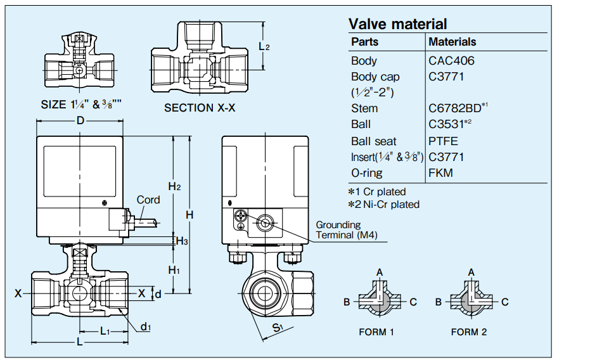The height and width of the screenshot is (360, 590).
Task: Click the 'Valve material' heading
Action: (397, 24)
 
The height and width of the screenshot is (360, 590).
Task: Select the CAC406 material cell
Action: (451, 61)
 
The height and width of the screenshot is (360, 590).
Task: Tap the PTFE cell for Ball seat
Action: (443, 141)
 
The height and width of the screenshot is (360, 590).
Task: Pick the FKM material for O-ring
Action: (440, 172)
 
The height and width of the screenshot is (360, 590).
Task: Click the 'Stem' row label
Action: (364, 108)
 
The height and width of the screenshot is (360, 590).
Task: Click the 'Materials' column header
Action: (452, 42)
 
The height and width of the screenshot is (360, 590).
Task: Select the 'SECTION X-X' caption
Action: (200, 108)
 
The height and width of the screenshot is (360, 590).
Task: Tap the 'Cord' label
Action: (148, 200)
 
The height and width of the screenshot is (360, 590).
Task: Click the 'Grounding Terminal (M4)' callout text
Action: (347, 230)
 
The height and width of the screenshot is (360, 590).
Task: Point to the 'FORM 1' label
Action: (376, 331)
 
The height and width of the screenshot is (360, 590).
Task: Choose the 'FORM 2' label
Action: (469, 331)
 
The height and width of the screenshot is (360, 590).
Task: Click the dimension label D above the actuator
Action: (80, 121)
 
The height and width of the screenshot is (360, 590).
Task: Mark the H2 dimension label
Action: (174, 186)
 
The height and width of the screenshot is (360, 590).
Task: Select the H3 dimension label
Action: (181, 241)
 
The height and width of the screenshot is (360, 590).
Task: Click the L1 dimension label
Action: (105, 331)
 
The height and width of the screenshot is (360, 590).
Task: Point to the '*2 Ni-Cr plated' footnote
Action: (383, 204)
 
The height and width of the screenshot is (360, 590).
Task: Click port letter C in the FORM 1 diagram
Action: (413, 302)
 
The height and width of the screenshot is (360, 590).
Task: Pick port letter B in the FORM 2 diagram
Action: (439, 302)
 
